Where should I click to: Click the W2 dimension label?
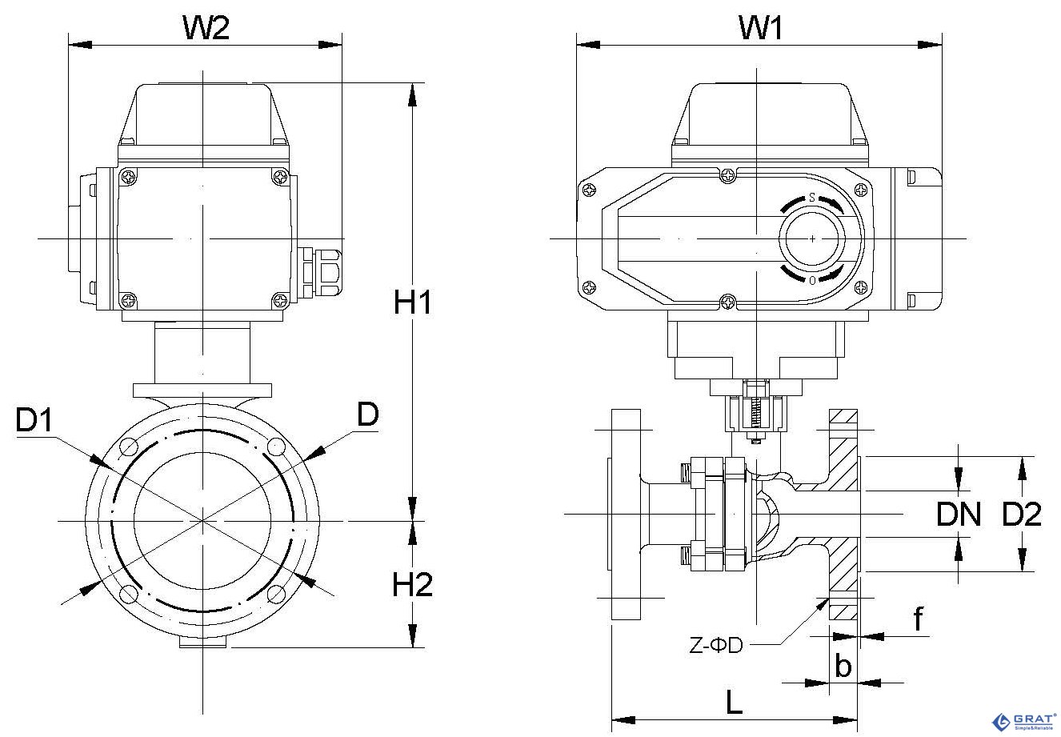206,28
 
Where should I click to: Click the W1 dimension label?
759,28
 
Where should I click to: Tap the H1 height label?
413,302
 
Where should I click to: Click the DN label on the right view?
959,515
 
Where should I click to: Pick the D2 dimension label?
1022,515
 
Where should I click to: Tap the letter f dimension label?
919,618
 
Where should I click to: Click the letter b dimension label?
843,665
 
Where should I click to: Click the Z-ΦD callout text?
716,645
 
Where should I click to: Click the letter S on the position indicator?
811,197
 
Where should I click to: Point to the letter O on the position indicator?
812,281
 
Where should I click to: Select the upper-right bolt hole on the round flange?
276,447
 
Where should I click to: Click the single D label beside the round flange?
367,414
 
